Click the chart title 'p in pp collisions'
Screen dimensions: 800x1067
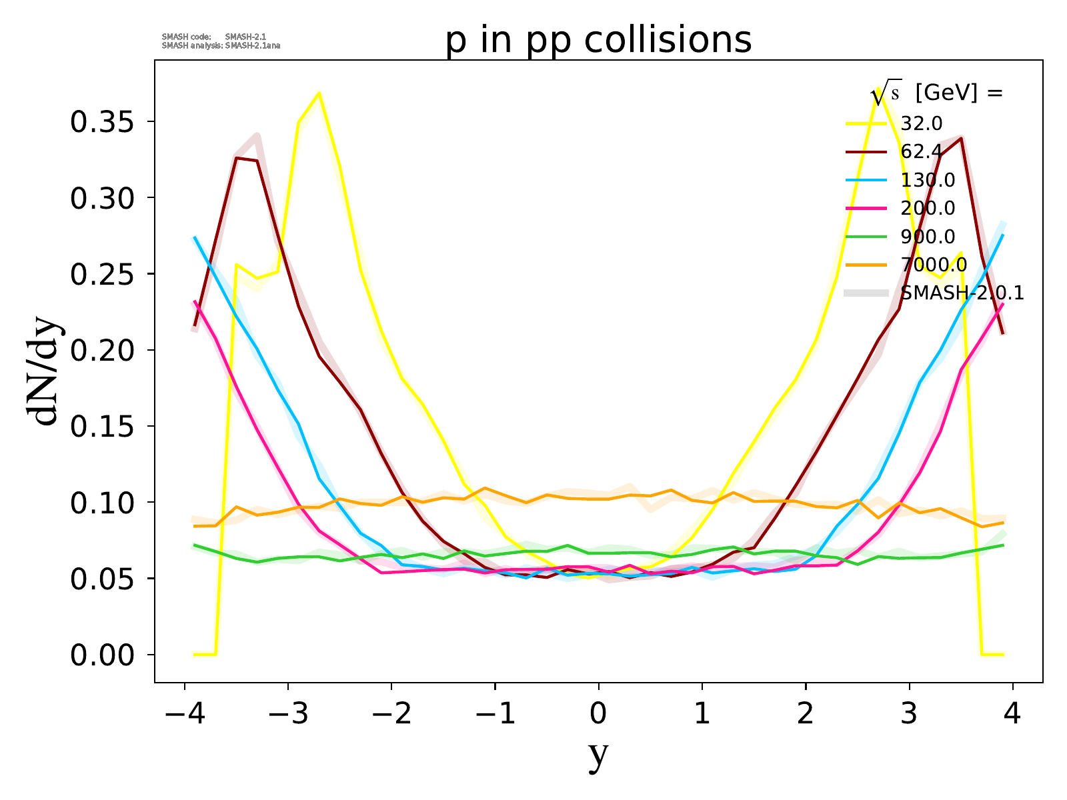[x=598, y=40]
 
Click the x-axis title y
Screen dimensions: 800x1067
[x=598, y=755]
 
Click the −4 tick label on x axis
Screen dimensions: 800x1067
[x=183, y=714]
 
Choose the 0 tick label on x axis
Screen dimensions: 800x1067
[x=598, y=714]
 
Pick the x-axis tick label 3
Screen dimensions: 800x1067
[x=910, y=714]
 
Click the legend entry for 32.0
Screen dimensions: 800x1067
[x=921, y=123]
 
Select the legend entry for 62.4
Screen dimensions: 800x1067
[x=921, y=152]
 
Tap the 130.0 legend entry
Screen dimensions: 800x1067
[x=927, y=180]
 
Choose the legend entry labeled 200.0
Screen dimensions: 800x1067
[x=927, y=208]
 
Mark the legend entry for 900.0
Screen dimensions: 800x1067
[x=927, y=237]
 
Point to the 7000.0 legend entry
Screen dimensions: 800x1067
[x=933, y=265]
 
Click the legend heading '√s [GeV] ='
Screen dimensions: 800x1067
[x=937, y=94]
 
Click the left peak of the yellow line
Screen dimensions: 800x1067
[x=319, y=93]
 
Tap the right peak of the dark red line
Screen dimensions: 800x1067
[x=961, y=138]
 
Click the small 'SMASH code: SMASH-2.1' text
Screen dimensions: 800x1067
[x=213, y=37]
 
